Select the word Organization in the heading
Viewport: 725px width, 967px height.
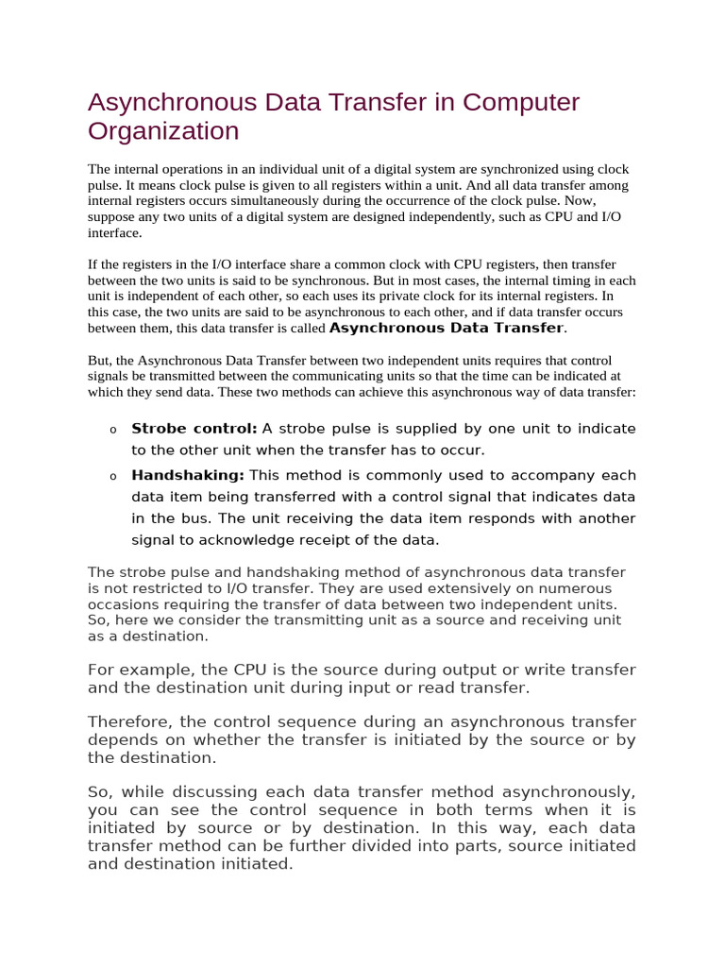click(163, 130)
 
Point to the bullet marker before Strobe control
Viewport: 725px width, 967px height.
click(113, 431)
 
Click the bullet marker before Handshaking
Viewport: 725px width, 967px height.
click(113, 477)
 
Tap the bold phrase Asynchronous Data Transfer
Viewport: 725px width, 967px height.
click(446, 328)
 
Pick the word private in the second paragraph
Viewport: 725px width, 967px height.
click(403, 297)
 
